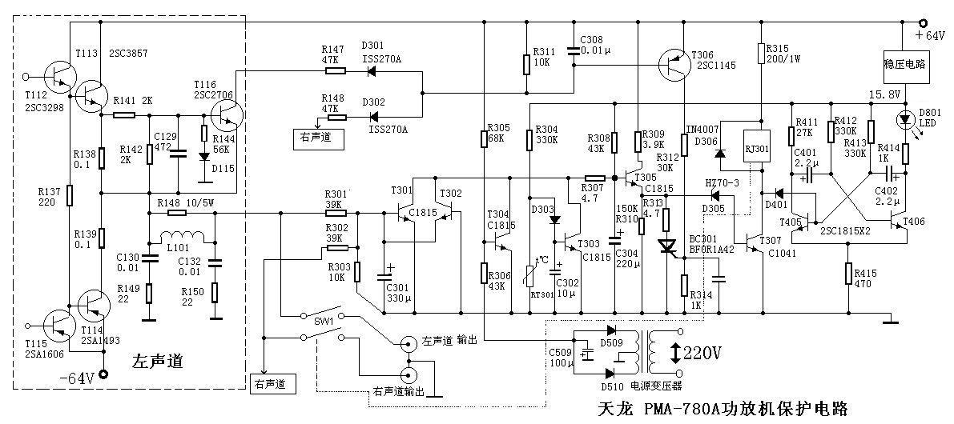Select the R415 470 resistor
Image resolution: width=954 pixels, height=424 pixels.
pos(848,273)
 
